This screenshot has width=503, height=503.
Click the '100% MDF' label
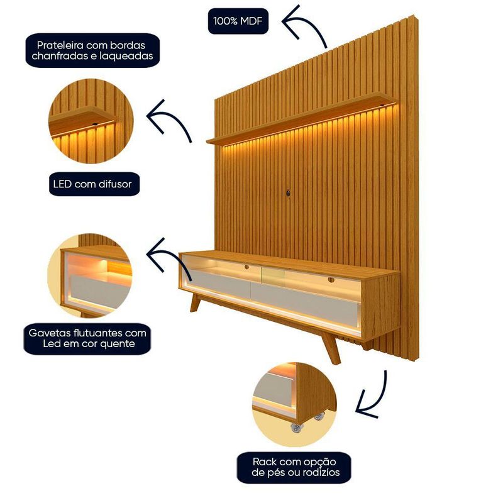238,21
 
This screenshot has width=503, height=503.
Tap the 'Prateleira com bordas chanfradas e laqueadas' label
92,50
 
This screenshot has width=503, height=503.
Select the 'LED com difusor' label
94,184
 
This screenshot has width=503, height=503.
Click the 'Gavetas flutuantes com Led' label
87,338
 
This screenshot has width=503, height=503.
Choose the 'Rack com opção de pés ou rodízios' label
294,467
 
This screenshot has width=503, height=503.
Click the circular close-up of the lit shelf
91,121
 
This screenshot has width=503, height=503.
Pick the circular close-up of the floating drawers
90,276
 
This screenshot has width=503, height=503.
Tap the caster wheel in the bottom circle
296,427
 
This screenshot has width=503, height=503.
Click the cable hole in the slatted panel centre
289,193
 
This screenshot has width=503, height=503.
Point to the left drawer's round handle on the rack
246,267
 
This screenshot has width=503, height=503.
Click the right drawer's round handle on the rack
331,280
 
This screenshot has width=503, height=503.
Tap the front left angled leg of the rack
195,302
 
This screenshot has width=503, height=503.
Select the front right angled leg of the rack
331,348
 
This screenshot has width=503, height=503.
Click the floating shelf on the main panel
301,119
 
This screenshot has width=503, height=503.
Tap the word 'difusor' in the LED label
115,184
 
